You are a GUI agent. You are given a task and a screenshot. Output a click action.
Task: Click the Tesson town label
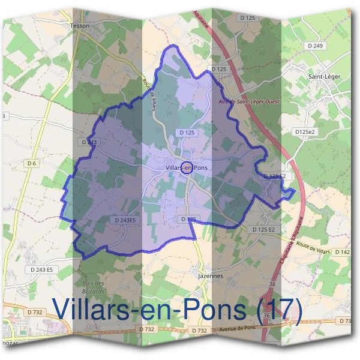pyautogui.click(x=79, y=26)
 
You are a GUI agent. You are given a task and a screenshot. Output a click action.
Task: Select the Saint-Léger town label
pyautogui.click(x=324, y=76)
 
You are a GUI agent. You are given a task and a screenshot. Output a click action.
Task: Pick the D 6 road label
pyautogui.click(x=32, y=163)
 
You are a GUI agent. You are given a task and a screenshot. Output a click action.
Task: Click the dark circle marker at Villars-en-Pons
pyautogui.click(x=186, y=167)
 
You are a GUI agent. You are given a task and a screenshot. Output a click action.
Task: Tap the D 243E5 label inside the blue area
pyautogui.click(x=125, y=220)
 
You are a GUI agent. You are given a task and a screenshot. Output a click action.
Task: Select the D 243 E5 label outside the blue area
pyautogui.click(x=40, y=270)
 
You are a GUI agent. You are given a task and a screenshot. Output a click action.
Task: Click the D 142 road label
pyautogui.click(x=342, y=252)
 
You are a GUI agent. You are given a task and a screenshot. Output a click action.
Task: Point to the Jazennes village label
pyautogui.click(x=210, y=276)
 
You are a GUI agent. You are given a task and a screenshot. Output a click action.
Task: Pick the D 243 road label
pyautogui.click(x=88, y=142)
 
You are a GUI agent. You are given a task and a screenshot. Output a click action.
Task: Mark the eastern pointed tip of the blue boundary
pyautogui.click(x=295, y=192)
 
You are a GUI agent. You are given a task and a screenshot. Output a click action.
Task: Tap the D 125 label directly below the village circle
pyautogui.click(x=188, y=220)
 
